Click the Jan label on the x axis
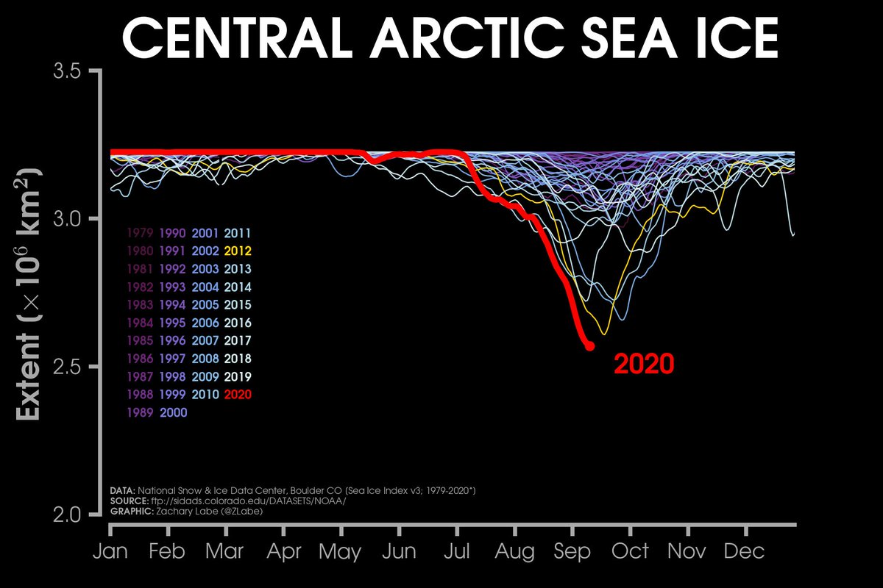pyautogui.click(x=110, y=551)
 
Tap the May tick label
pyautogui.click(x=340, y=551)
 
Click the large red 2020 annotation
pyautogui.click(x=644, y=364)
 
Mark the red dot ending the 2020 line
pyautogui.click(x=589, y=346)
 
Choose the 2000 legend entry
pyautogui.click(x=174, y=412)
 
